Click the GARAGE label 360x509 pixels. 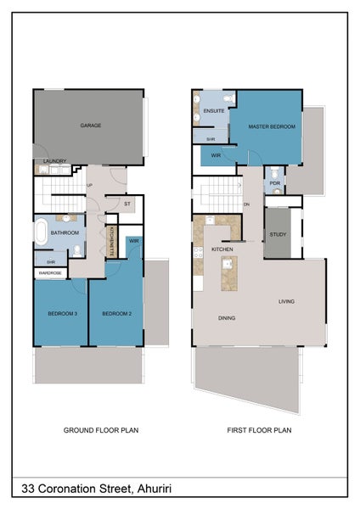coord(91,126)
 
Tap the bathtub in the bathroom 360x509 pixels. coord(41,232)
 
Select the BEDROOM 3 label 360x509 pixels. coord(62,314)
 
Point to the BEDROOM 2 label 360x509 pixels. coord(116,314)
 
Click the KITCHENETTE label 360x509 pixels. coord(111,241)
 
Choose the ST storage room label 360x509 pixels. coord(127,204)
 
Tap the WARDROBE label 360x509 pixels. coord(50,273)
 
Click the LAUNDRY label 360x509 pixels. coord(54,161)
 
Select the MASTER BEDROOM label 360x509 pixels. coord(272,126)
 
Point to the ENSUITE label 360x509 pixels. coord(214,111)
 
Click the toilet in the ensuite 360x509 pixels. coord(229,98)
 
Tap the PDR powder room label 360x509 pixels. coord(274,183)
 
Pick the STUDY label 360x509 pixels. coord(278,234)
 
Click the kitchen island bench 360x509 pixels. coord(229,273)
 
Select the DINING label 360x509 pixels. coord(227,318)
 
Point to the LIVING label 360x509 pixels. coord(286,301)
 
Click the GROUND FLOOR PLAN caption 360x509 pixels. coord(101,430)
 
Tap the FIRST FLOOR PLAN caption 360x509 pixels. coord(259,430)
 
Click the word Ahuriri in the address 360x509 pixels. coord(155,489)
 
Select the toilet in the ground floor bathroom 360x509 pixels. coord(77,251)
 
